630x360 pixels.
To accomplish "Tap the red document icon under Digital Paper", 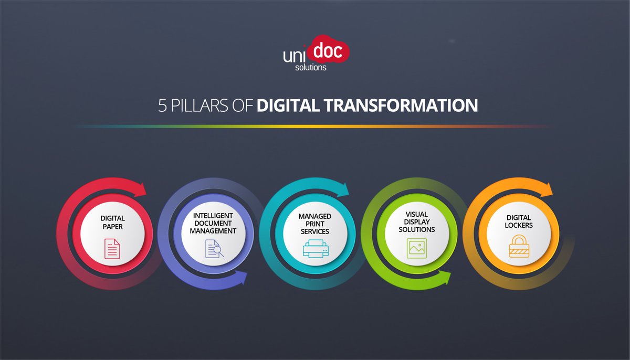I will click(112, 248).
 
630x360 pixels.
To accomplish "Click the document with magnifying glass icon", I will click(214, 248).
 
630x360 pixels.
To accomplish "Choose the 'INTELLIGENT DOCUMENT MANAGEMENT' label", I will click(214, 223).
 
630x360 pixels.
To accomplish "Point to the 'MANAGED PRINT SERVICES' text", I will click(316, 224).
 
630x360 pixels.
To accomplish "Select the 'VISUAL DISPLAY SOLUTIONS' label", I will click(417, 222).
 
